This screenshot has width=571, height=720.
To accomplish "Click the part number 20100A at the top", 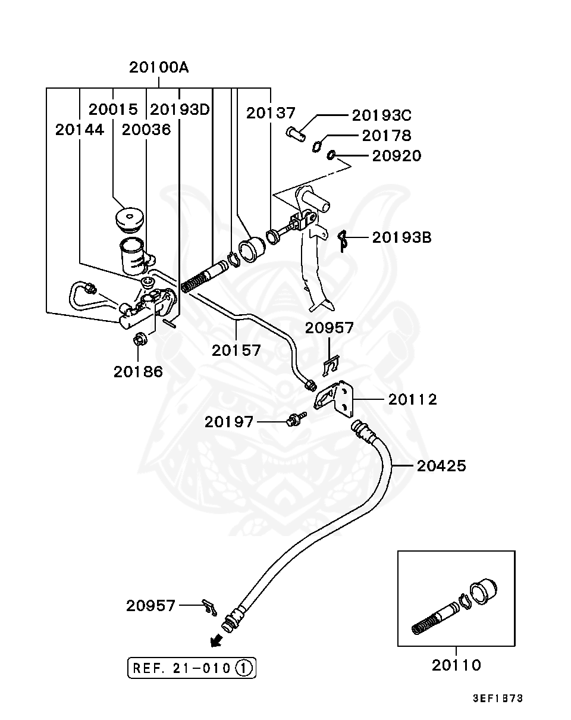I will [159, 67].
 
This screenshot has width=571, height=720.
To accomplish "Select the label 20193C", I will [381, 115].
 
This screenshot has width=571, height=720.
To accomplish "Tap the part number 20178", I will [387, 136].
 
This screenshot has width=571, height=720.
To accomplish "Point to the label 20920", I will [396, 156].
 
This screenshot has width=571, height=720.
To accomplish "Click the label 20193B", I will [401, 237].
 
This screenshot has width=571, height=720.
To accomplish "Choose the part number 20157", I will [236, 350].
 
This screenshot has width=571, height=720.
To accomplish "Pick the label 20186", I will [138, 372].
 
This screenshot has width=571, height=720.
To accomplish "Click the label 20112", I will [412, 399].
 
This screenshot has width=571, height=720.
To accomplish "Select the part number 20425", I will [441, 465].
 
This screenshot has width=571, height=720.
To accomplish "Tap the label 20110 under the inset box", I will [456, 665].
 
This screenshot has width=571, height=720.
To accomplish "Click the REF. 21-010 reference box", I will [192, 668].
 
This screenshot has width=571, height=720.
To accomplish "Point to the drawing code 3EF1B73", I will [498, 699].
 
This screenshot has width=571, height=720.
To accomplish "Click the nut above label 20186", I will [140, 340].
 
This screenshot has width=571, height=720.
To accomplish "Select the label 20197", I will [229, 422].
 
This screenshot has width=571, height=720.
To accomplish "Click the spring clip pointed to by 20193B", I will [342, 240].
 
